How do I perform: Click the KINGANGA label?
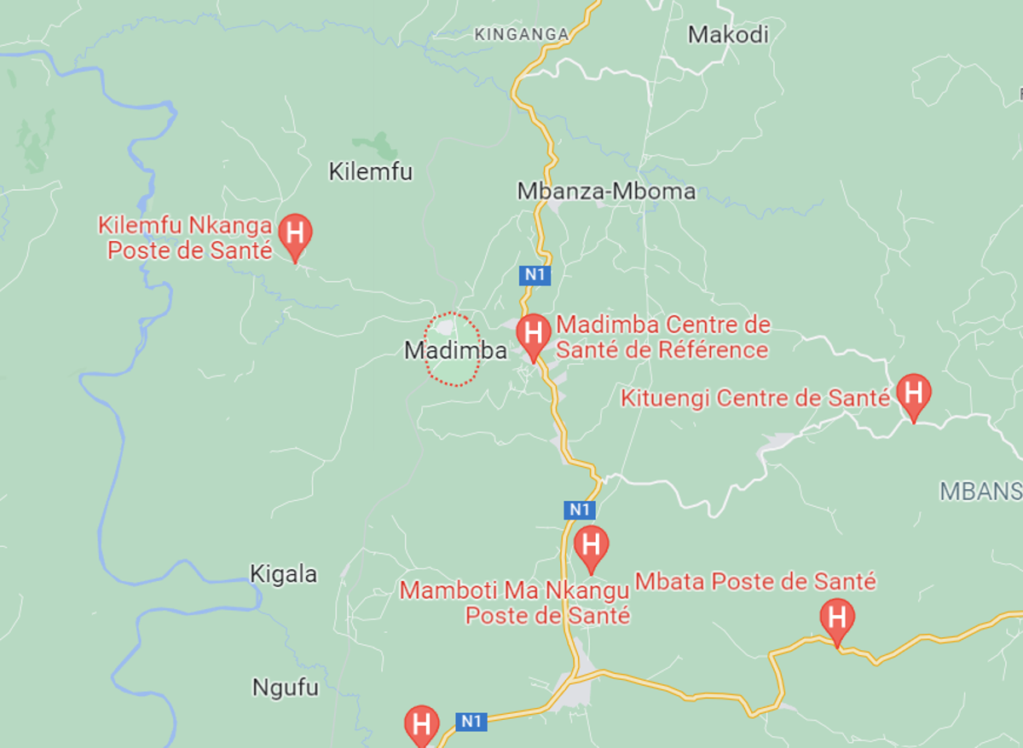coord(521,34)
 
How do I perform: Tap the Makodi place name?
coord(728,34)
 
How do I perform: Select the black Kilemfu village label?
coord(370,171)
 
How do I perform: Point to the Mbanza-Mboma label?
coord(606,191)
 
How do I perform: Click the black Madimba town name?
coord(455,350)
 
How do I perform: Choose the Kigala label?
coord(283,574)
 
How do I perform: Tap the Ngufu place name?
coord(285,688)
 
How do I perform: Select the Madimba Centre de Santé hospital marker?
coord(535,334)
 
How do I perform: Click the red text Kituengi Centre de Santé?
coord(755,398)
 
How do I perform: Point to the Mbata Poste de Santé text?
coord(755,582)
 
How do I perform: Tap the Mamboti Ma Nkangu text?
coord(514,590)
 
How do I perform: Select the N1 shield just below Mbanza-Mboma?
coord(534,275)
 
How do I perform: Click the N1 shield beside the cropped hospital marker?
coord(471,722)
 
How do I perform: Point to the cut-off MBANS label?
coord(980,491)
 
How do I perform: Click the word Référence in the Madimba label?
coord(722,350)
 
